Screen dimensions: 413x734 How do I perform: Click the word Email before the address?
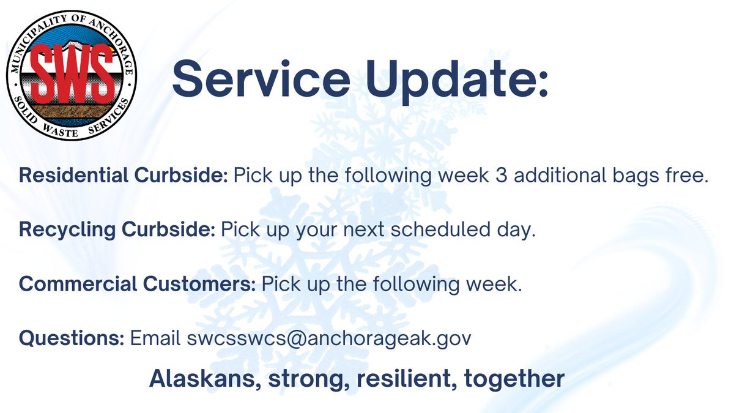tap(157, 338)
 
